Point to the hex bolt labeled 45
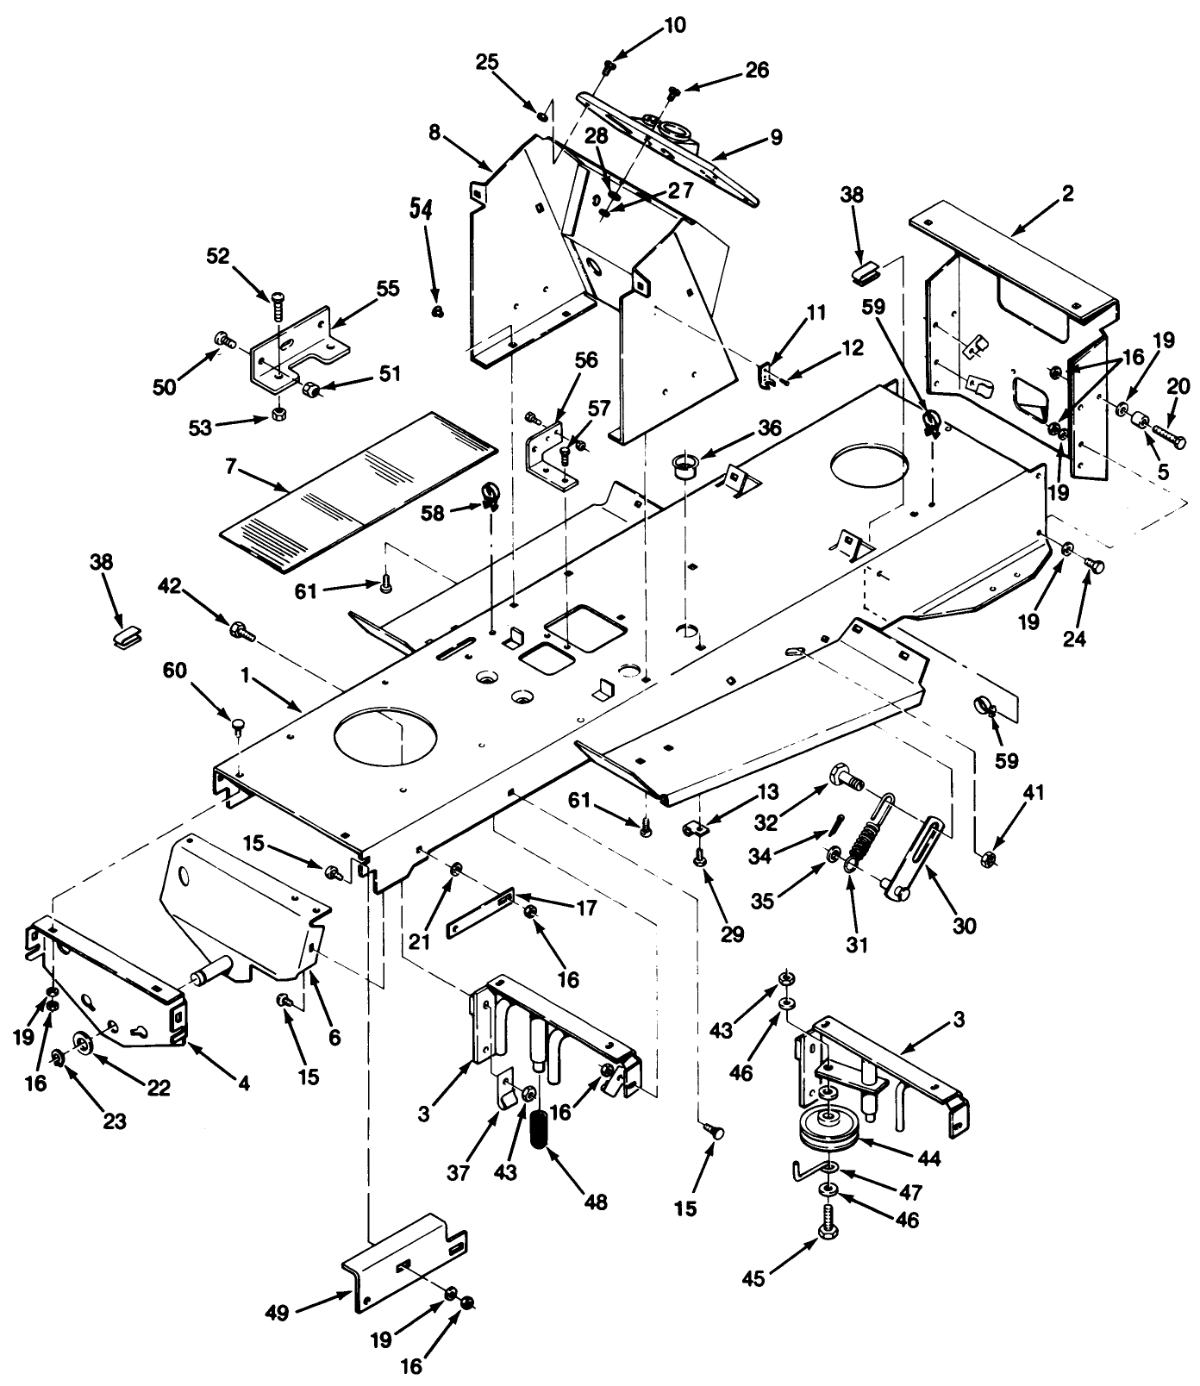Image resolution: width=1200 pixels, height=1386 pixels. click(x=828, y=1218)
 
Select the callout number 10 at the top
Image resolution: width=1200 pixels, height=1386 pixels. click(x=674, y=25)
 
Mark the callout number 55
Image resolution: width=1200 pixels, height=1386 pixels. click(x=387, y=288)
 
